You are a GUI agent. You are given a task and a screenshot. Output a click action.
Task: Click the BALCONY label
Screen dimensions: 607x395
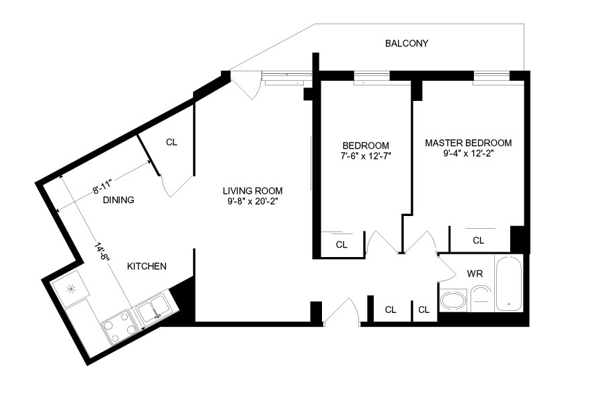point(407,43)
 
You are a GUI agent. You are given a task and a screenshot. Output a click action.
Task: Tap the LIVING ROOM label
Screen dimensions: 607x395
point(252,190)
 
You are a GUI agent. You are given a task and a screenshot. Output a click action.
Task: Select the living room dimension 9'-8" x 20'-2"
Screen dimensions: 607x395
point(253,202)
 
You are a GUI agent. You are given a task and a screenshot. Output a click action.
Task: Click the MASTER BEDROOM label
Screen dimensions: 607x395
point(469,143)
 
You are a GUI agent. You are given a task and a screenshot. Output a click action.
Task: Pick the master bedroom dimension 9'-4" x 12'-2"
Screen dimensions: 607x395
point(469,153)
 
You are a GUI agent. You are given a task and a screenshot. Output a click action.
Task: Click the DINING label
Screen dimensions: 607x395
point(118,200)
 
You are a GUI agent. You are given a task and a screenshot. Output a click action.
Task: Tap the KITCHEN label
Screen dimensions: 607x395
point(147,266)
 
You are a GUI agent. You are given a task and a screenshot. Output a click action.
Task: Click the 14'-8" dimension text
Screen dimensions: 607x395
point(102,252)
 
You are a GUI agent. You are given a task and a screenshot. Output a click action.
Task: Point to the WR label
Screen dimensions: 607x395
point(475,274)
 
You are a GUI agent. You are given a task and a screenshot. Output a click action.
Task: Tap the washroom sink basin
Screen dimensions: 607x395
point(454,300)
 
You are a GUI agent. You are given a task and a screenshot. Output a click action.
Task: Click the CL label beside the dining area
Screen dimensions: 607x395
point(171,143)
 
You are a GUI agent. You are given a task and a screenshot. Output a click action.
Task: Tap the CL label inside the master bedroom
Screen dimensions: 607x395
point(479,241)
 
